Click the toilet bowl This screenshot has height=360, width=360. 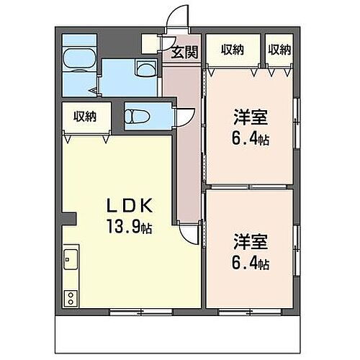point(136,115)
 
